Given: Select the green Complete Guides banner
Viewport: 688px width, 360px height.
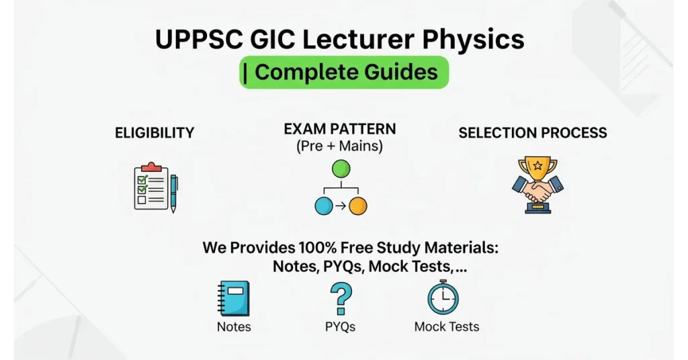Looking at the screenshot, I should point(343,73).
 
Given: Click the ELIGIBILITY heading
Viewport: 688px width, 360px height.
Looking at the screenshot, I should point(155,132).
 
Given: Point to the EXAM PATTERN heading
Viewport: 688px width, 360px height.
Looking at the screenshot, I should point(340,128).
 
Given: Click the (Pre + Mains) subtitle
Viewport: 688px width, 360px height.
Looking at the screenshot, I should point(340,146).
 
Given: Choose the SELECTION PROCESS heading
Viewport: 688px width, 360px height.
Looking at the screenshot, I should point(533,132).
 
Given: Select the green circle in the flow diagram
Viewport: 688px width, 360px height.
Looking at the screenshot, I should point(341,169).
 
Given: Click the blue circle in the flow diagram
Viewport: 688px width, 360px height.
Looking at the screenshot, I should point(324,206).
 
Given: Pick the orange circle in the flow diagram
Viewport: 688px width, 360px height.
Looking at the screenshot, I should point(358,206).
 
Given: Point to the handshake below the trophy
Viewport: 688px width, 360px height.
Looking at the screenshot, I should point(537,192).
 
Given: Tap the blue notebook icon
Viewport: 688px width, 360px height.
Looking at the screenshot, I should point(233,298).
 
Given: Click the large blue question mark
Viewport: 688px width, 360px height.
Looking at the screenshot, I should point(341,299).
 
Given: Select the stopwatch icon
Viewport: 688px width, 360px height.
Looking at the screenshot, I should point(443,298).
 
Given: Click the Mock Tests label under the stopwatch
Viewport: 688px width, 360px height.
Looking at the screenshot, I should point(447,327).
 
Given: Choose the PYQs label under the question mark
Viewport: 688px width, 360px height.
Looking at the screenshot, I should point(340,327).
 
